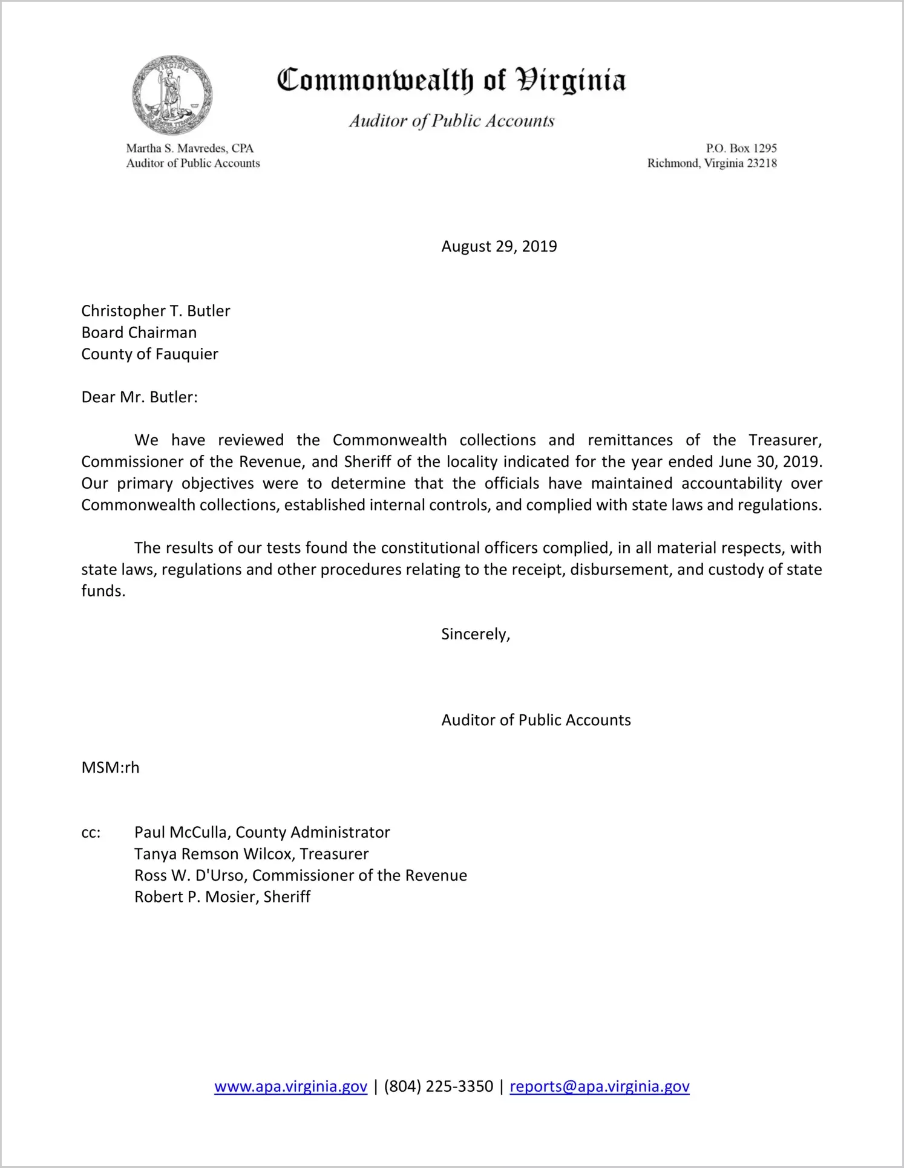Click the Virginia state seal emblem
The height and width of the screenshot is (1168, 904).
pyautogui.click(x=172, y=95)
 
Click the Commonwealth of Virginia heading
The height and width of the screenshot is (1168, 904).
pyautogui.click(x=451, y=80)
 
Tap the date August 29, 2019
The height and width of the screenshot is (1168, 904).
pyautogui.click(x=499, y=246)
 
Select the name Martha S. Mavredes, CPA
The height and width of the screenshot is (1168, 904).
pyautogui.click(x=189, y=148)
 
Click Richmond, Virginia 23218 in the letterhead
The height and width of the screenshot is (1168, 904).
pyautogui.click(x=712, y=163)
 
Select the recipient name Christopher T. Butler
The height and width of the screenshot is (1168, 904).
pyautogui.click(x=156, y=311)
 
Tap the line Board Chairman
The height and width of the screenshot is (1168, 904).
pyautogui.click(x=139, y=333)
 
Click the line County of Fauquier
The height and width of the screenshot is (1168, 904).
pyautogui.click(x=149, y=354)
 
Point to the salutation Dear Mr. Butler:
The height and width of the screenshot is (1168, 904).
pyautogui.click(x=139, y=397)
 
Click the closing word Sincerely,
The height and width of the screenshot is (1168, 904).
pyautogui.click(x=476, y=634)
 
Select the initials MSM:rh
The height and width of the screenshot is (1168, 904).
pyautogui.click(x=110, y=768)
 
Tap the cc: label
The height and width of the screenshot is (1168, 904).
pyautogui.click(x=91, y=833)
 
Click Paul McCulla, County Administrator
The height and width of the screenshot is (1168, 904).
pyautogui.click(x=262, y=832)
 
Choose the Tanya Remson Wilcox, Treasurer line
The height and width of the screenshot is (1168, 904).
pyautogui.click(x=251, y=854)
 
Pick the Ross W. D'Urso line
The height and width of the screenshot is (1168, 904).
pyautogui.click(x=300, y=875)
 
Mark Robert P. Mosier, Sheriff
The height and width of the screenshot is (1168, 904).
pyautogui.click(x=222, y=897)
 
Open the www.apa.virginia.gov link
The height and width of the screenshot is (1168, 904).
pyautogui.click(x=290, y=1087)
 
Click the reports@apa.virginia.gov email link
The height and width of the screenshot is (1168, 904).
pyautogui.click(x=599, y=1087)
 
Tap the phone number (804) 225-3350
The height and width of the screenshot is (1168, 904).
pyautogui.click(x=438, y=1087)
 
